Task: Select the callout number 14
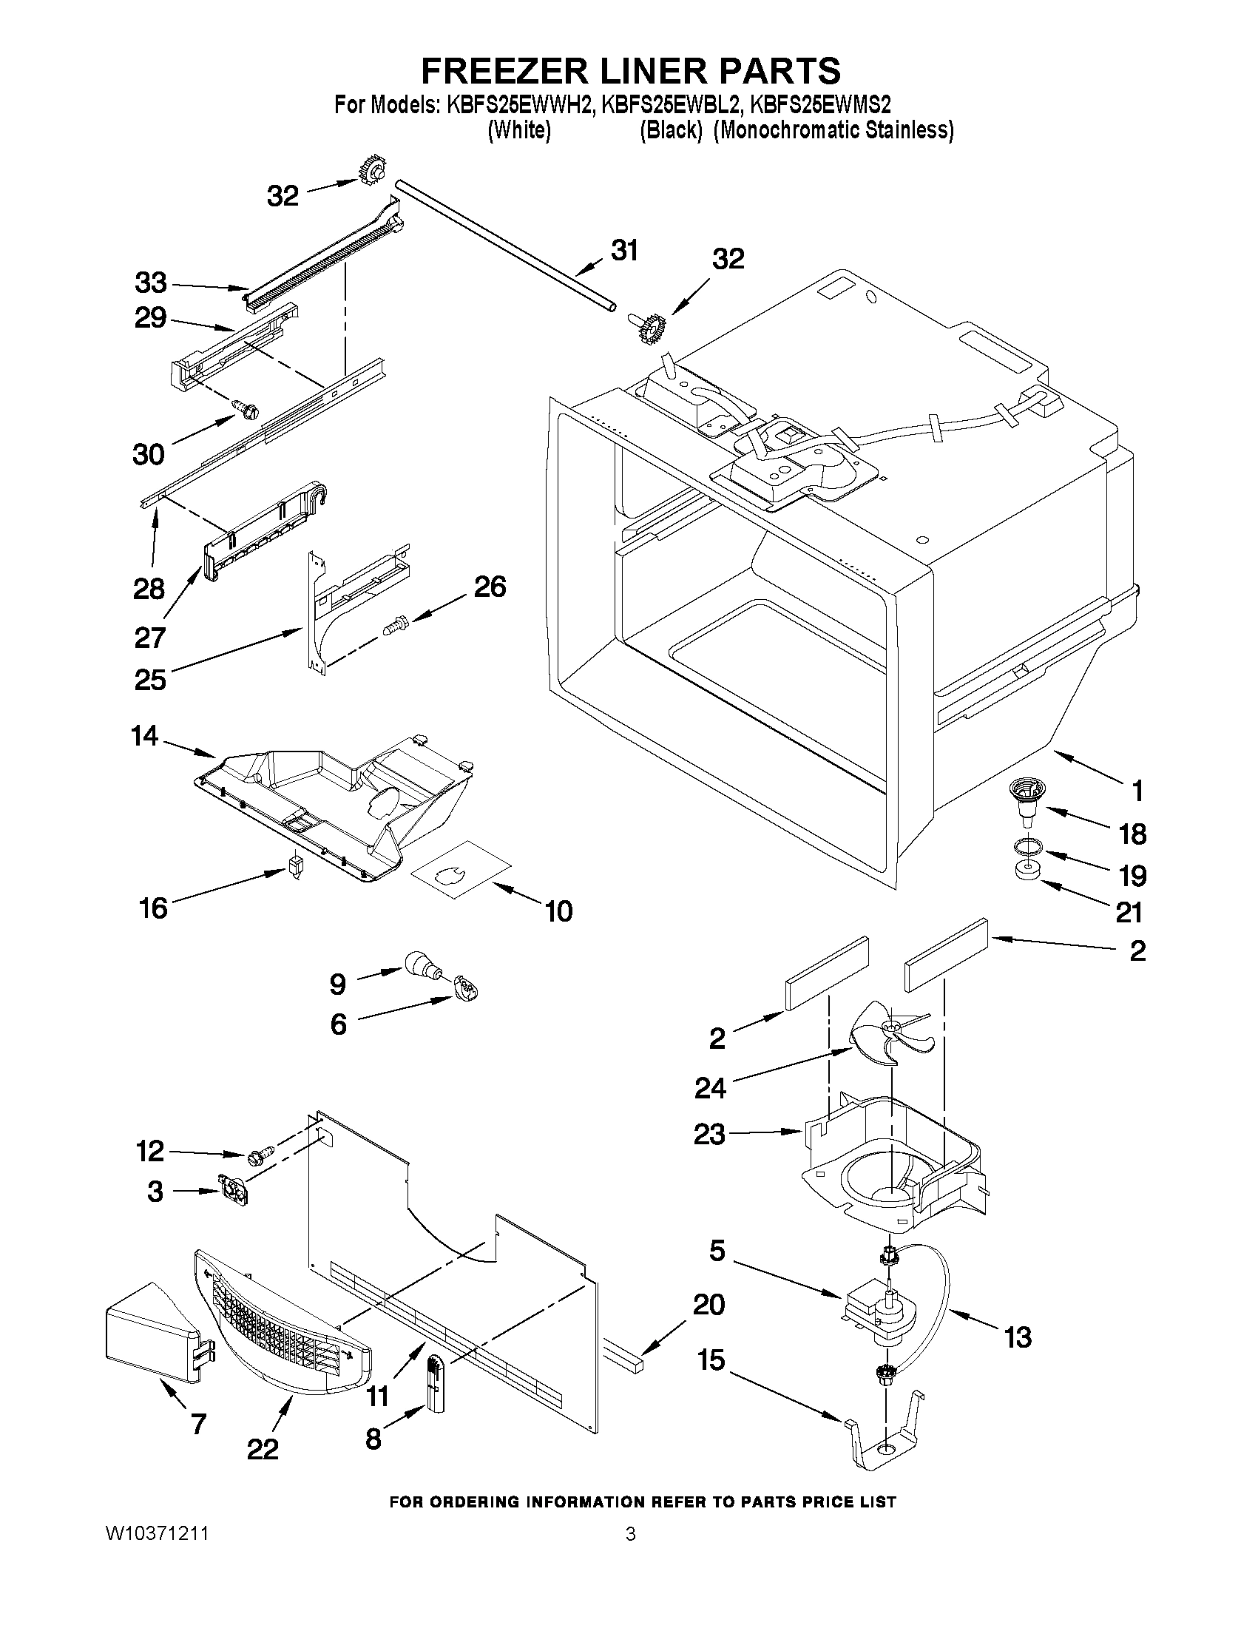[x=144, y=736]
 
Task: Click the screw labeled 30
[x=246, y=408]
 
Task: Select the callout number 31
[x=624, y=251]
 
